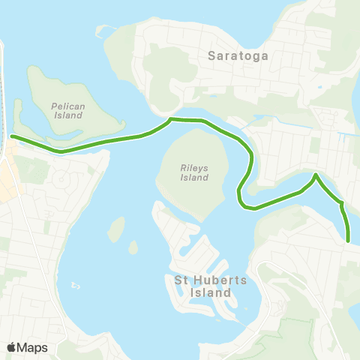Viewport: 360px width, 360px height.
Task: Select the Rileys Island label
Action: (x=193, y=172)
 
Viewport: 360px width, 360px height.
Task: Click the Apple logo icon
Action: (x=11, y=347)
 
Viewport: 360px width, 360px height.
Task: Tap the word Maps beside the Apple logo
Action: (x=32, y=347)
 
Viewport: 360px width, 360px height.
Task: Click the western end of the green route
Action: (x=13, y=136)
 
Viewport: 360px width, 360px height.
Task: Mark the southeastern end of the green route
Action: (x=349, y=241)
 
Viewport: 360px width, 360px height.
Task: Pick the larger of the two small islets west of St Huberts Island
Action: (x=116, y=229)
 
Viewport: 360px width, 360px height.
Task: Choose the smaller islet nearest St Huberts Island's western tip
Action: (x=133, y=247)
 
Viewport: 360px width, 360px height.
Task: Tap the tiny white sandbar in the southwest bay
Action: (x=76, y=286)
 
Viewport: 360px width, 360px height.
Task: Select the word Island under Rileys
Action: (x=193, y=178)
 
